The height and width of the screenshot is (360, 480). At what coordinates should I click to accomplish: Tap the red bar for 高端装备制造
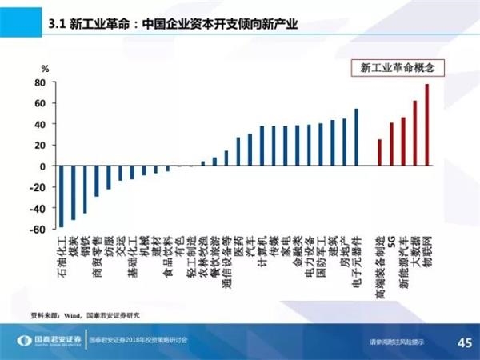[x=380, y=153]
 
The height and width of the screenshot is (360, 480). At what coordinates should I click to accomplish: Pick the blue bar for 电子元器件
[x=357, y=138]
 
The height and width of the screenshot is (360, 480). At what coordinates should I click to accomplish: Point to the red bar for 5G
[x=391, y=144]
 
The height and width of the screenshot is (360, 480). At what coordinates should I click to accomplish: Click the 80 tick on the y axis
[x=38, y=82]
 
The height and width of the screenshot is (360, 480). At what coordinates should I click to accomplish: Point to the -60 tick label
[x=36, y=230]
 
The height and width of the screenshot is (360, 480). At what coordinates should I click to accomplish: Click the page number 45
[x=462, y=342]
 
